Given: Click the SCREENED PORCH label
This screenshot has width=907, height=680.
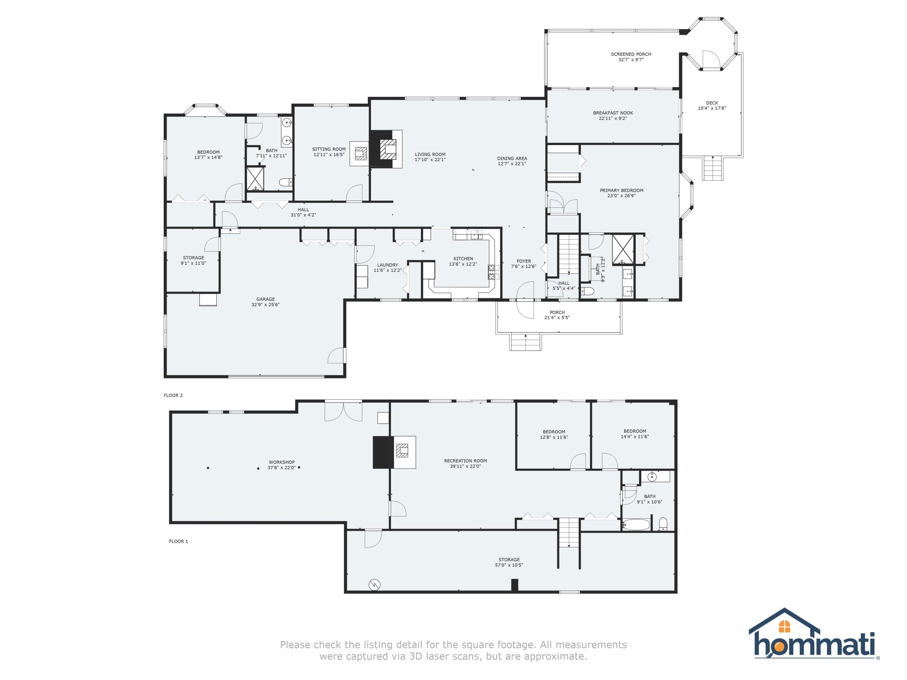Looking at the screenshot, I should pos(631,54).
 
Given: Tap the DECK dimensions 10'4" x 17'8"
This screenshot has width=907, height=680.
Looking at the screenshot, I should pos(712,108).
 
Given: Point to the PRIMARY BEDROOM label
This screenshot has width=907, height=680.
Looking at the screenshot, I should pos(621,191).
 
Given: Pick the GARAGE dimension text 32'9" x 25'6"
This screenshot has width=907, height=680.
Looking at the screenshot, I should pos(265,305).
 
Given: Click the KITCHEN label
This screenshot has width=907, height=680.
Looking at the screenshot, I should pos(463,259).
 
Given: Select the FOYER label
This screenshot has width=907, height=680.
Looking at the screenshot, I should pos(524,261).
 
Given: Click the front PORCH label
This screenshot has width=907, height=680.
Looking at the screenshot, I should pos(557,312).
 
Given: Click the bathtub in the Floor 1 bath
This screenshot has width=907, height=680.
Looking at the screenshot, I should pos(636,525).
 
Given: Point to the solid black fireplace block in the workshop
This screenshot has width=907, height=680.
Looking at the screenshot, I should pos(382,452).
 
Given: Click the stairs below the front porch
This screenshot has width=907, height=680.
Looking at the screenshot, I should pos(525,342).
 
